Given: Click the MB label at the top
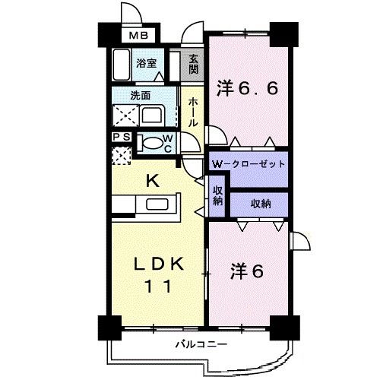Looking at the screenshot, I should (138, 36).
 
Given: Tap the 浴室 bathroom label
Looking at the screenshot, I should (146, 63).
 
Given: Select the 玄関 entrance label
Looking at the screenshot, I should (194, 63).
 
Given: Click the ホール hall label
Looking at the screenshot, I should (193, 111).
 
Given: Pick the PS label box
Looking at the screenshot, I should (121, 137).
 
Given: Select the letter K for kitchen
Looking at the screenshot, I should (152, 180).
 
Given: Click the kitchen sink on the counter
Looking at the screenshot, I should (159, 204).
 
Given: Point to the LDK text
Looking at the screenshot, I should (159, 264).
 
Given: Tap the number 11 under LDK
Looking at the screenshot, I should (159, 287).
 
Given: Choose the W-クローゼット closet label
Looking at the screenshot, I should (248, 164).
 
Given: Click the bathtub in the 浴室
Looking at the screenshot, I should (122, 65).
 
